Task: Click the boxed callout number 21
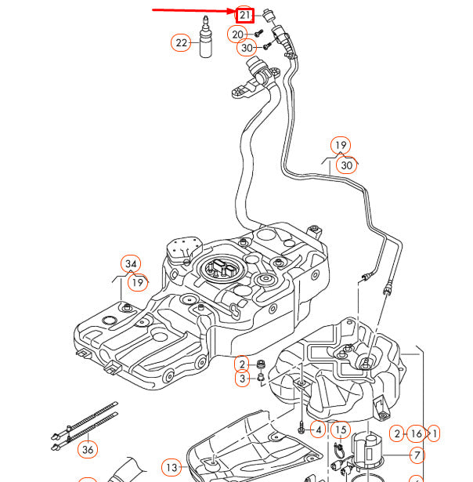pyautogui.click(x=245, y=15)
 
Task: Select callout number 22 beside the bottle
pyautogui.click(x=182, y=43)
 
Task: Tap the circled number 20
pyautogui.click(x=238, y=34)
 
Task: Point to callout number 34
pyautogui.click(x=130, y=263)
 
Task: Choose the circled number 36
pyautogui.click(x=88, y=449)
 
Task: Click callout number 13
pyautogui.click(x=172, y=468)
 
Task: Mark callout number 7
pyautogui.click(x=417, y=454)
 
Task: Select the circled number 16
pyautogui.click(x=416, y=433)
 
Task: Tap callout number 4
pyautogui.click(x=317, y=429)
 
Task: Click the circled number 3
pyautogui.click(x=243, y=380)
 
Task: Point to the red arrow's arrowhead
pyautogui.click(x=233, y=12)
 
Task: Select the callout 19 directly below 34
pyautogui.click(x=138, y=282)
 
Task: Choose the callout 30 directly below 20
pyautogui.click(x=247, y=48)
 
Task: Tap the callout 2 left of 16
pyautogui.click(x=398, y=433)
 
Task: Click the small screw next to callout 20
pyautogui.click(x=257, y=34)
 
